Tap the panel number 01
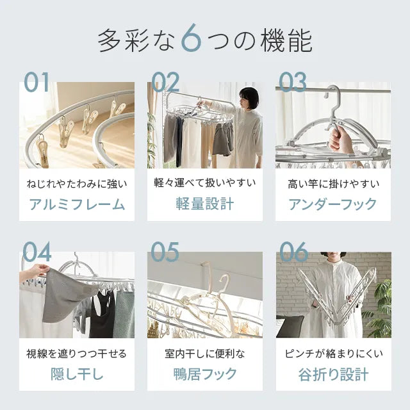coord(37,82)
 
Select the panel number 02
coord(165,82)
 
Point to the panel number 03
coord(293,82)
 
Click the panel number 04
coord(37,252)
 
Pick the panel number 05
coord(165,252)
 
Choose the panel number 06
coord(294,252)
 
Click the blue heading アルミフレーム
coord(77,204)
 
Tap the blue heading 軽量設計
coord(205,204)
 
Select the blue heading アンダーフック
coord(332,204)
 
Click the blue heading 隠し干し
coord(77,374)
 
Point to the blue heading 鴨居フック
coord(205,374)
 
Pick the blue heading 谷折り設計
coord(333,374)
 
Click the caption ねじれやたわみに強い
coord(77,184)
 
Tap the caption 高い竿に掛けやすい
coord(333,184)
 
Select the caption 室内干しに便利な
coord(205,354)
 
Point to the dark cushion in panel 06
coord(290,326)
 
